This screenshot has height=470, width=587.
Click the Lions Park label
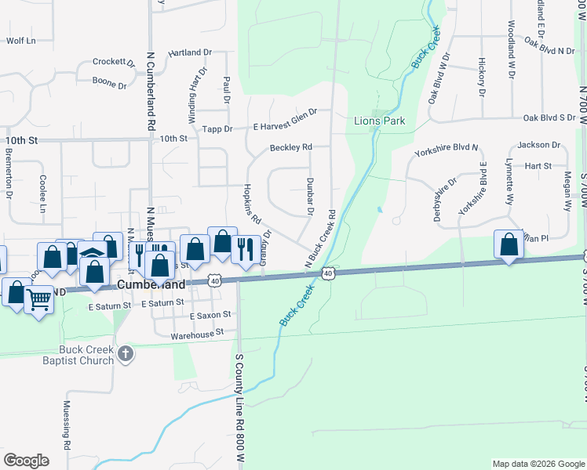click(x=379, y=121)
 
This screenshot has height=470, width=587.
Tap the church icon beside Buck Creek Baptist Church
click(x=126, y=356)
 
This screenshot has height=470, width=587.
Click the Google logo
click(x=27, y=461)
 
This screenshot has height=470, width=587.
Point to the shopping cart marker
click(x=38, y=298)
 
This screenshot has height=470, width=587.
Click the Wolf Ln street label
click(x=21, y=40)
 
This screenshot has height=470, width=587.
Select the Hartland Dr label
click(x=190, y=52)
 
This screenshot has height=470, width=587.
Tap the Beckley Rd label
click(x=290, y=146)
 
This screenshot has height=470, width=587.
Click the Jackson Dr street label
click(x=538, y=145)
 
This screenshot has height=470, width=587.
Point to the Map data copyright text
click(x=538, y=464)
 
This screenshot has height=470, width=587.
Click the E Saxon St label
click(x=212, y=315)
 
